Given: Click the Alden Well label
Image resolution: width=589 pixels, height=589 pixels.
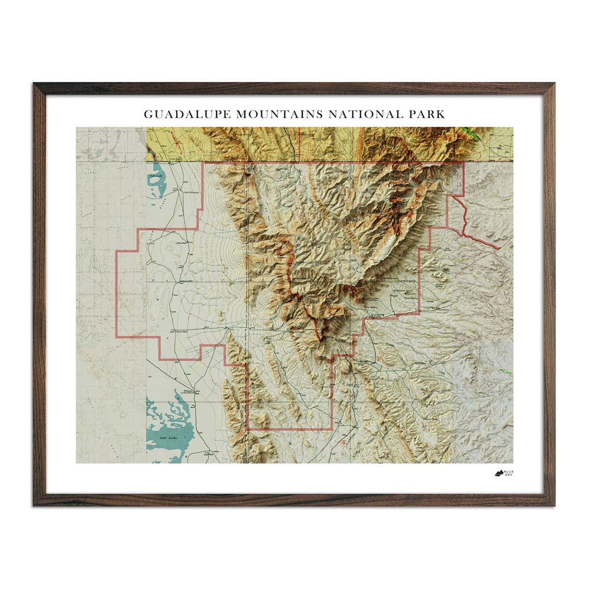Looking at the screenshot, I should pyautogui.click(x=181, y=243).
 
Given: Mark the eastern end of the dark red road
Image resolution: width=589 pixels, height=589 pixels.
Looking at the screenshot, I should pyautogui.click(x=500, y=249).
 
